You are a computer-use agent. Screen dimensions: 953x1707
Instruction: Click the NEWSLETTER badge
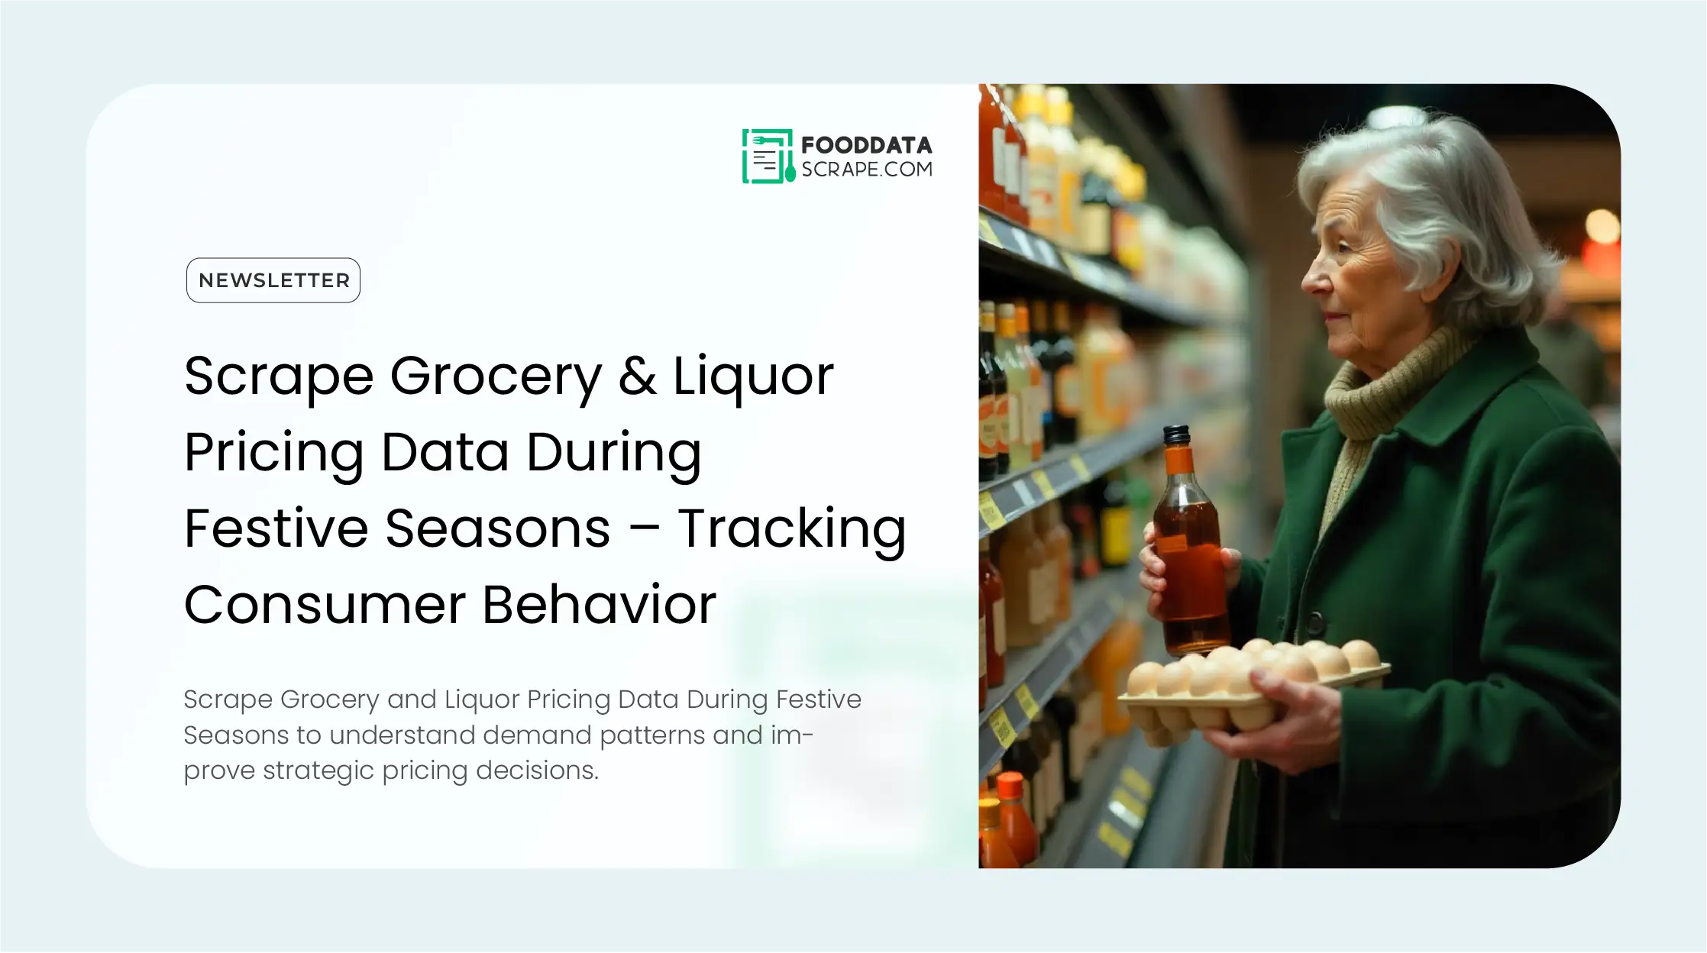coord(273,280)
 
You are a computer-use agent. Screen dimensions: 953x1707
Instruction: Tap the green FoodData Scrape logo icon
coord(767,157)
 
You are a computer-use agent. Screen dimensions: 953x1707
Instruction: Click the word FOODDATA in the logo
coord(866,145)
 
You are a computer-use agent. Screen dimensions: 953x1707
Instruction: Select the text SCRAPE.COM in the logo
coord(866,170)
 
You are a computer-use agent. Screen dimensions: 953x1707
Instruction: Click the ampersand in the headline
coord(637,376)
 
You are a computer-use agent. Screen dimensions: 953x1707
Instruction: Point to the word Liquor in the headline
coord(752,377)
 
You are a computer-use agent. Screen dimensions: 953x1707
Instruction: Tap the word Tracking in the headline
coord(791,528)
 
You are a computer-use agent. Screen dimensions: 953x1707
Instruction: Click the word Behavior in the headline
coord(600,605)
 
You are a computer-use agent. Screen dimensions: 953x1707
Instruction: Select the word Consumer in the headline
coord(325,605)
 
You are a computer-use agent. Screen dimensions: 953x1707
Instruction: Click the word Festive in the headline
coord(276,528)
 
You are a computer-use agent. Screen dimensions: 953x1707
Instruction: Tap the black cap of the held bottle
coord(1176,435)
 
